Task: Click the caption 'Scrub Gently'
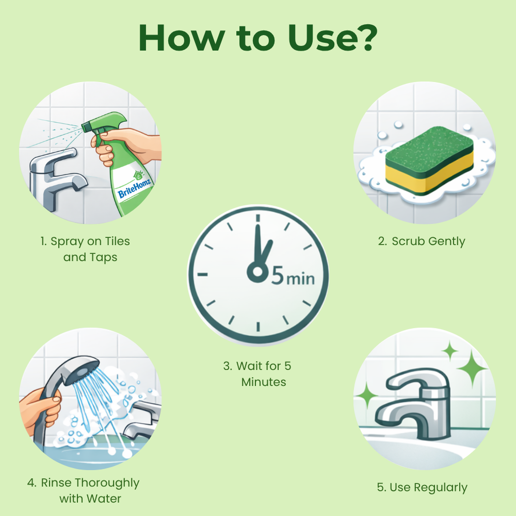428,241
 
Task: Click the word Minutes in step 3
263,382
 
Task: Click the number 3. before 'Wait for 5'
228,366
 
